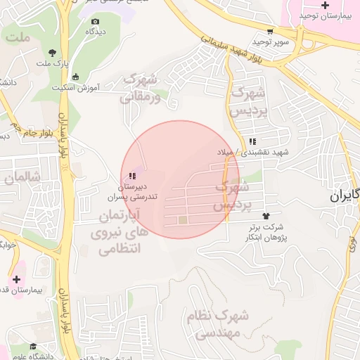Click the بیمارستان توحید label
coord(325,15)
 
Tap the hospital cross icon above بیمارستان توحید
coord(324,5)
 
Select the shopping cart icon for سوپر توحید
coord(270,32)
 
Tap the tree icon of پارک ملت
coord(53,53)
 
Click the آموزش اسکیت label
coord(78,88)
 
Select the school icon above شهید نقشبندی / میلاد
coord(252,141)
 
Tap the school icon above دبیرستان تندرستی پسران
coord(131,175)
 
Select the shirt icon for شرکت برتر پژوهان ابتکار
coord(266,216)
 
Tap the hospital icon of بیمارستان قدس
coord(16,279)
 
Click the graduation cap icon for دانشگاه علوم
coord(33,346)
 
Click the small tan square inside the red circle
coord(183,221)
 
